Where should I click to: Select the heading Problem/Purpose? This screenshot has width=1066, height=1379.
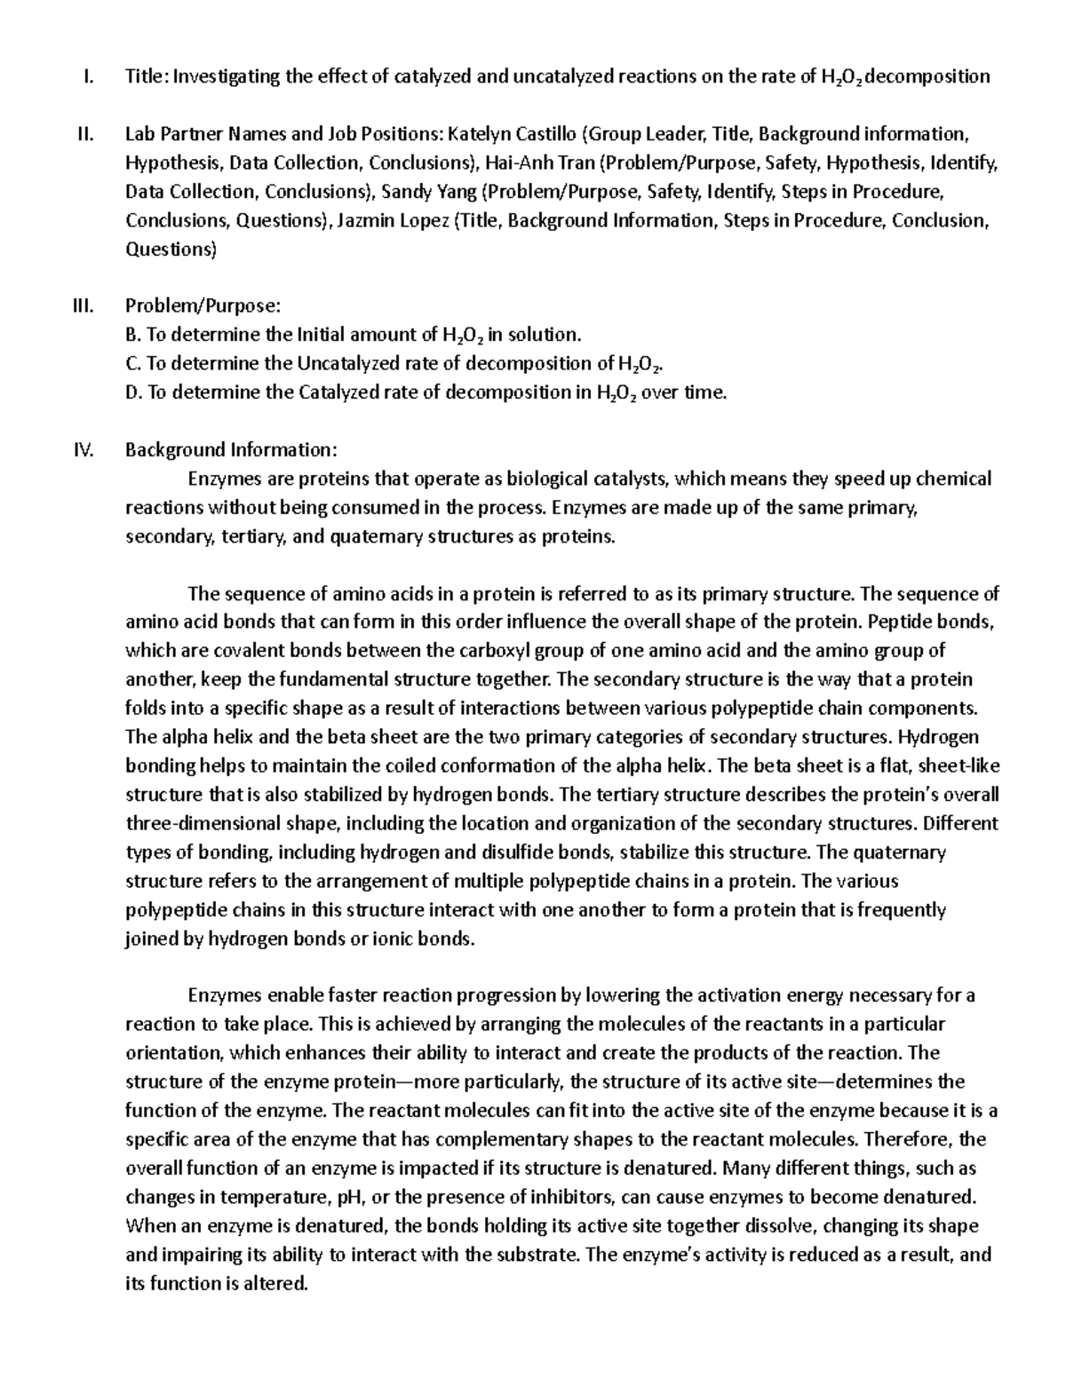(x=203, y=306)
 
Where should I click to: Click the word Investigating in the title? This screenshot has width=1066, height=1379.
(x=226, y=76)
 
